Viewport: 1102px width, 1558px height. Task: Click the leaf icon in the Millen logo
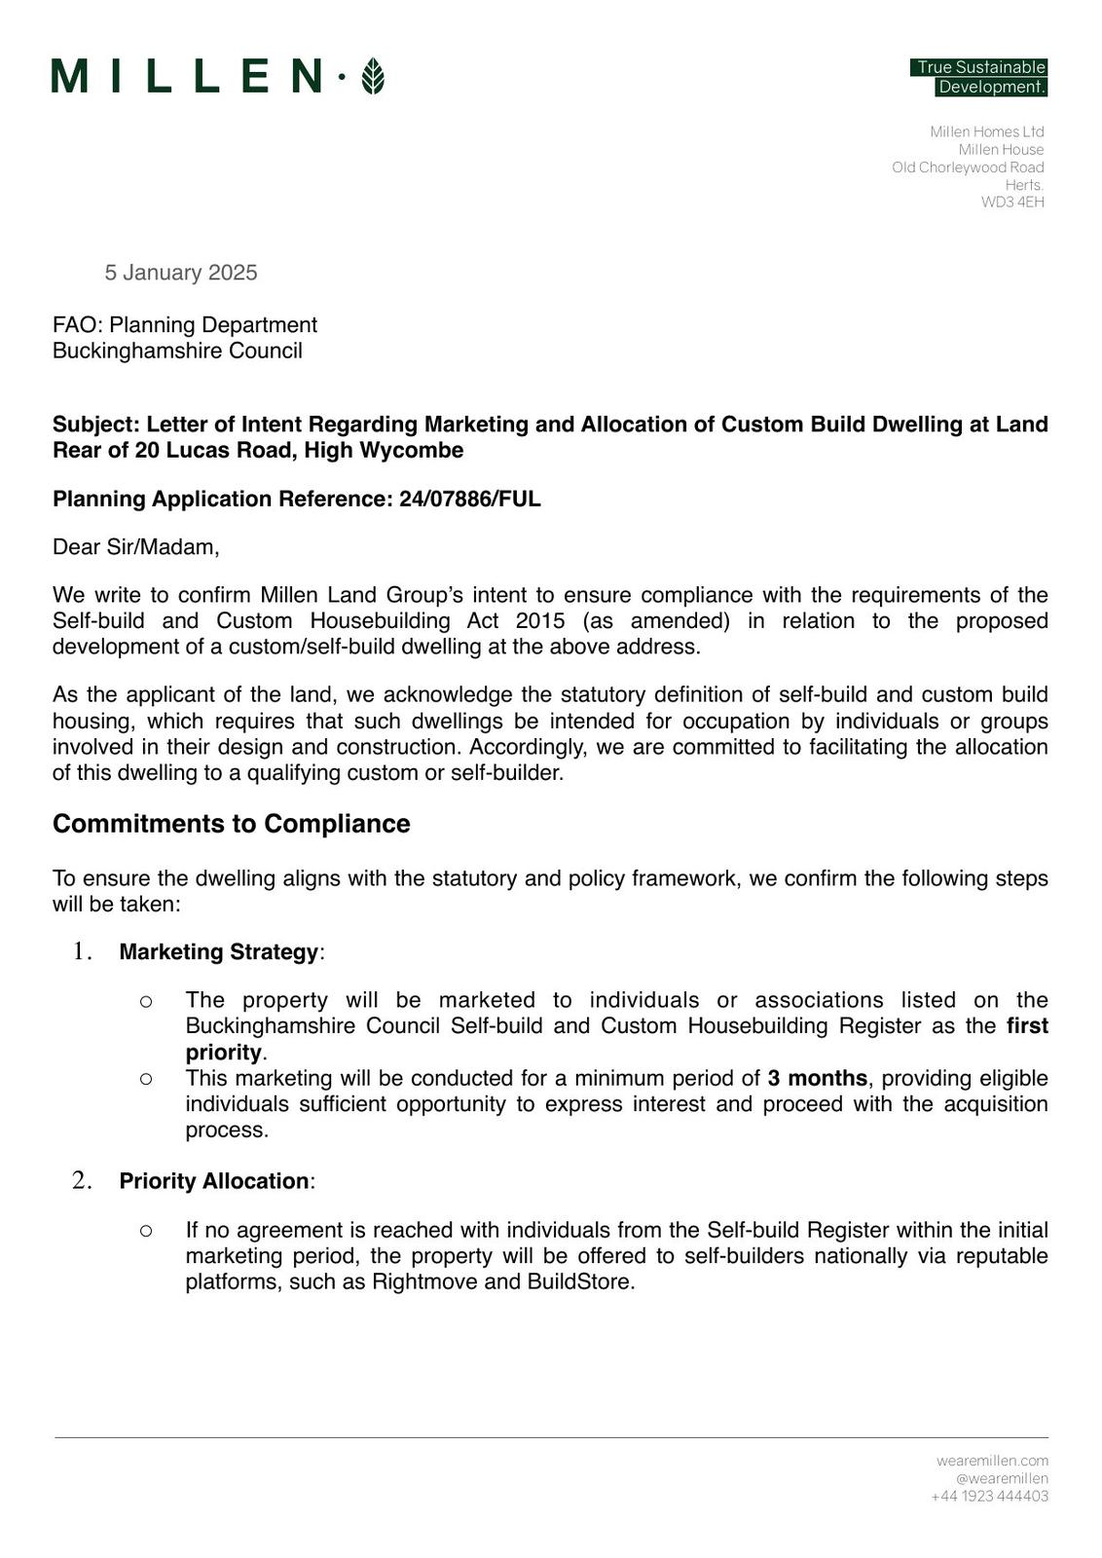tap(372, 76)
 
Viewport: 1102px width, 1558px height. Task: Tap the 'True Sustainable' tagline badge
tap(979, 67)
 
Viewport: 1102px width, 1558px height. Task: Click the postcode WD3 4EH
tap(1012, 203)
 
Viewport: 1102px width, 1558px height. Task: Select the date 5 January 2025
tap(181, 273)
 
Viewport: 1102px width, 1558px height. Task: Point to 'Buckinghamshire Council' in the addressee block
tap(177, 351)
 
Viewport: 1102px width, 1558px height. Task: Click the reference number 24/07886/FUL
tap(469, 500)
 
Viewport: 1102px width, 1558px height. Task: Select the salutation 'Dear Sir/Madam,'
tap(136, 547)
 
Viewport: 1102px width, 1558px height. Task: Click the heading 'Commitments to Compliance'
tap(232, 824)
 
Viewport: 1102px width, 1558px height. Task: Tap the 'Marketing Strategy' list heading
tap(219, 952)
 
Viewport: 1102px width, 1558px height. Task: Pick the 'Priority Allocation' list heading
tap(214, 1181)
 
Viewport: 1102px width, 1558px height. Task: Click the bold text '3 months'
tap(817, 1079)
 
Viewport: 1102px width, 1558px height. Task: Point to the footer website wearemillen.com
tap(992, 1461)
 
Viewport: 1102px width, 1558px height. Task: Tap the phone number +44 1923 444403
tap(989, 1497)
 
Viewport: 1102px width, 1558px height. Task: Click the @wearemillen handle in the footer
tap(1002, 1478)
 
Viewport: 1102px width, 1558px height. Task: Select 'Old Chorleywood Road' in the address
tap(968, 167)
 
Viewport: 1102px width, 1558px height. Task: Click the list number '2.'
tap(83, 1181)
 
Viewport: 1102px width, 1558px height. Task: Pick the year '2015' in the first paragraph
tap(540, 621)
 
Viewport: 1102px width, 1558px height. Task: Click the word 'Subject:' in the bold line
tap(96, 425)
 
